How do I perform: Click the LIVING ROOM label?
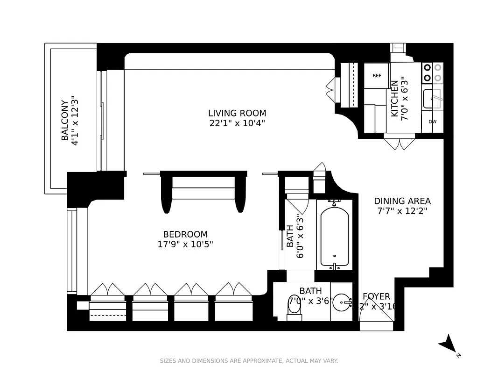click(237, 113)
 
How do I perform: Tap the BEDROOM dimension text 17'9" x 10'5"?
click(185, 244)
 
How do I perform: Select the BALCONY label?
click(65, 120)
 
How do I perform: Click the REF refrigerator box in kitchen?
click(376, 76)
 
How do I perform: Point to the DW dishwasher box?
click(432, 122)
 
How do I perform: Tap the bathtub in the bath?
click(334, 234)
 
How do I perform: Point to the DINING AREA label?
click(402, 201)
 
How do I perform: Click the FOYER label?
click(376, 296)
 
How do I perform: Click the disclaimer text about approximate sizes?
click(249, 360)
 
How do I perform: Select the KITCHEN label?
click(394, 99)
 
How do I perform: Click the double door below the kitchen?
click(399, 142)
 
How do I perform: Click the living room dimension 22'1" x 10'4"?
click(237, 123)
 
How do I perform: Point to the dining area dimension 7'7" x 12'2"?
click(402, 211)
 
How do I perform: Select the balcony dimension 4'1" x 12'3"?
click(75, 120)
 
